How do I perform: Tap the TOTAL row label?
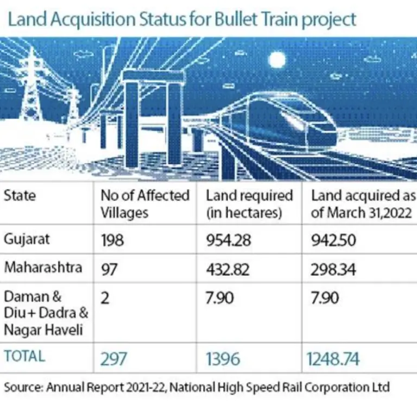click(25, 357)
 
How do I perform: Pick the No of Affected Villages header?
click(145, 203)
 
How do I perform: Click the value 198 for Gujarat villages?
click(113, 240)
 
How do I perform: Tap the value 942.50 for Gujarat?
click(333, 240)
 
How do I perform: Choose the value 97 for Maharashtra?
click(110, 269)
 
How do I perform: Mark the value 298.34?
click(333, 269)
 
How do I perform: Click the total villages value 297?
click(113, 358)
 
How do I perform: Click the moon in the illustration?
click(277, 60)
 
